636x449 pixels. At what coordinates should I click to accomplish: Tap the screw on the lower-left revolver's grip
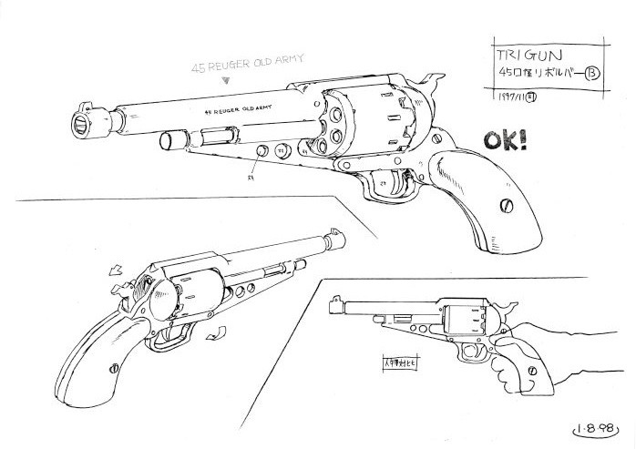pyautogui.click(x=113, y=369)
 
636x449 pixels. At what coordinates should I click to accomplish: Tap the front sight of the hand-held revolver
pyautogui.click(x=336, y=301)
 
